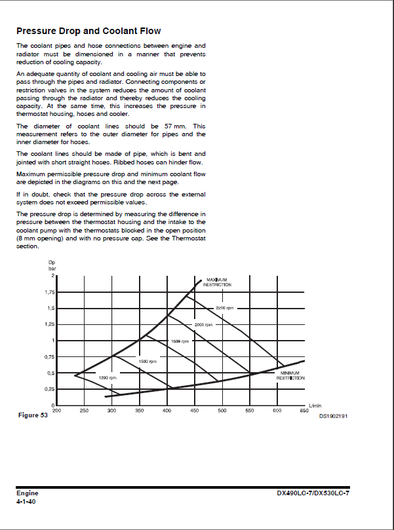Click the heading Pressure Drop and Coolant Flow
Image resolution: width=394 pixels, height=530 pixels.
point(89,31)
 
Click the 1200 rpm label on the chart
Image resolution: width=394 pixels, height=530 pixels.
point(107,378)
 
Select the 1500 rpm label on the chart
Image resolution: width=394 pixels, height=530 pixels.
point(148,362)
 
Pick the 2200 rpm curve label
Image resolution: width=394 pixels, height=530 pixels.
point(225,308)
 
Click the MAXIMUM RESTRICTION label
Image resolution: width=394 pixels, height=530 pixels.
point(217,282)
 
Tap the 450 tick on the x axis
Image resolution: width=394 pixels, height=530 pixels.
point(194,410)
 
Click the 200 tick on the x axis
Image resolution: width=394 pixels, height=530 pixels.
point(56,410)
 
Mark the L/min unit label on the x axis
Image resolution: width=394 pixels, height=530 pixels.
point(315,406)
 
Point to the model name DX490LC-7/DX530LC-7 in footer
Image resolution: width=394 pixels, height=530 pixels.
point(313,493)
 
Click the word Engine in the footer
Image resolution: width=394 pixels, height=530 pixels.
point(28,493)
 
